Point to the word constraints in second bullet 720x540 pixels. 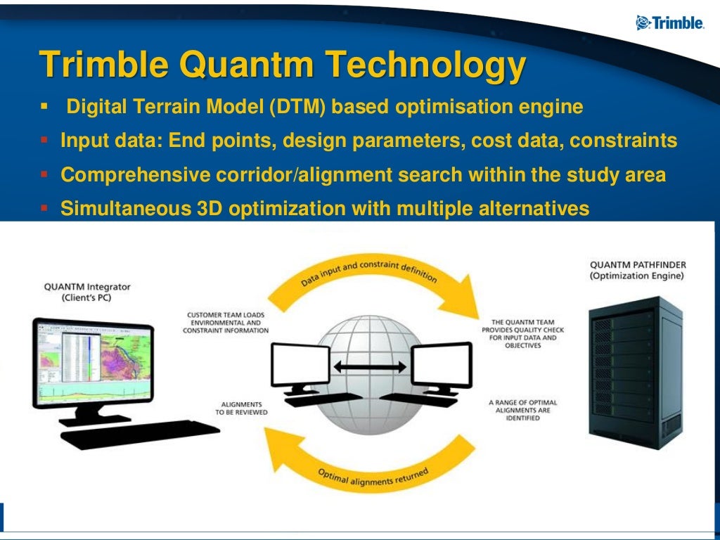pyautogui.click(x=623, y=141)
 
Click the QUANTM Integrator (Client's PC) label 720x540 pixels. pyautogui.click(x=87, y=291)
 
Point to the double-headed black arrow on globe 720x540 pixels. pyautogui.click(x=369, y=366)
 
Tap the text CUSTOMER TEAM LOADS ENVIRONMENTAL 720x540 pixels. pyautogui.click(x=227, y=322)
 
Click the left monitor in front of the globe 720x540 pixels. pyautogui.click(x=301, y=365)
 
